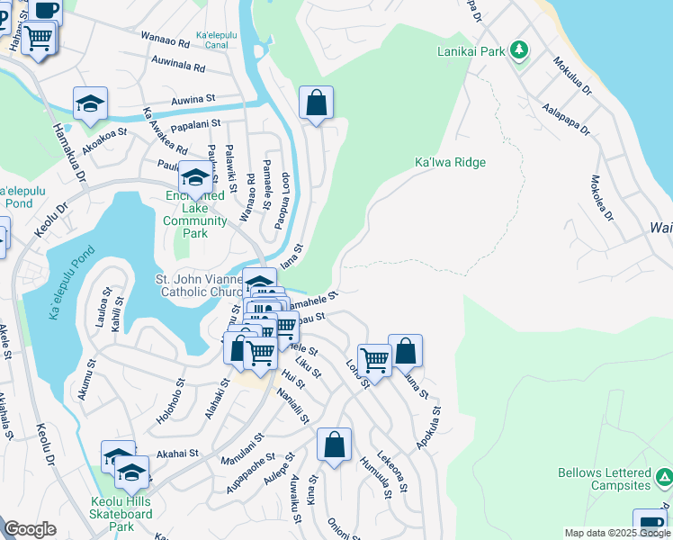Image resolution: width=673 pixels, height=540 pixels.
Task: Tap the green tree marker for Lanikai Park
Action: [x=518, y=49]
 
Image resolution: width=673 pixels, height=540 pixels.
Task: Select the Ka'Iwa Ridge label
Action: [x=450, y=162]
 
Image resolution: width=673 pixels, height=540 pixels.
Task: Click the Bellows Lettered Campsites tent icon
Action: [x=663, y=477]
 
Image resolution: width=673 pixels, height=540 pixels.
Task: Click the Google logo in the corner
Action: [x=30, y=529]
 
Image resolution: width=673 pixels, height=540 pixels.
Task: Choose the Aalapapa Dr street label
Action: [x=566, y=117]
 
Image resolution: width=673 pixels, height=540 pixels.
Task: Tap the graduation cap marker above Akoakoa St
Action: [x=90, y=104]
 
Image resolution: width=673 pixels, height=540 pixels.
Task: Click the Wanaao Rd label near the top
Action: [x=165, y=41]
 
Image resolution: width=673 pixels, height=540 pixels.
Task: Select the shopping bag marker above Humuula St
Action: [x=334, y=445]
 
